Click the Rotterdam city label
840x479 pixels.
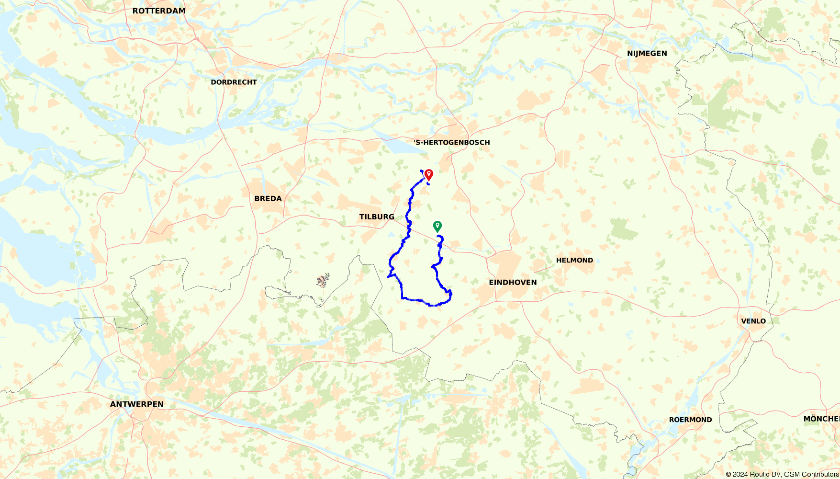tap(159, 11)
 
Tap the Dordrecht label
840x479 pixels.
tap(234, 82)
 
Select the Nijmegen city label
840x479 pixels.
tap(647, 53)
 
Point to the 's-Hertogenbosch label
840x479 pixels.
tap(451, 142)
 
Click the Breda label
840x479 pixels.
tap(268, 198)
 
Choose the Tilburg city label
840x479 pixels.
tap(377, 217)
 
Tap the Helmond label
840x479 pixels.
tap(574, 260)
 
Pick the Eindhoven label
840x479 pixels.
tap(513, 282)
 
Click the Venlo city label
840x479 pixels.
tap(753, 321)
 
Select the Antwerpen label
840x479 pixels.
tap(137, 404)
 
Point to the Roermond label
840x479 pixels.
tap(690, 420)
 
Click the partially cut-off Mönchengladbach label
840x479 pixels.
tap(821, 419)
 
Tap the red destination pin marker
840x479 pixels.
tap(429, 174)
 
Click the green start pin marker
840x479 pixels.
tap(437, 226)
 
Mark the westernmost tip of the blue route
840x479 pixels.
tap(388, 276)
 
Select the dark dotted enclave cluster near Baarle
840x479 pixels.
tap(324, 280)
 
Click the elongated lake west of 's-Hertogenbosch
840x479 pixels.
tap(404, 147)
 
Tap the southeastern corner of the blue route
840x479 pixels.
tap(450, 299)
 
